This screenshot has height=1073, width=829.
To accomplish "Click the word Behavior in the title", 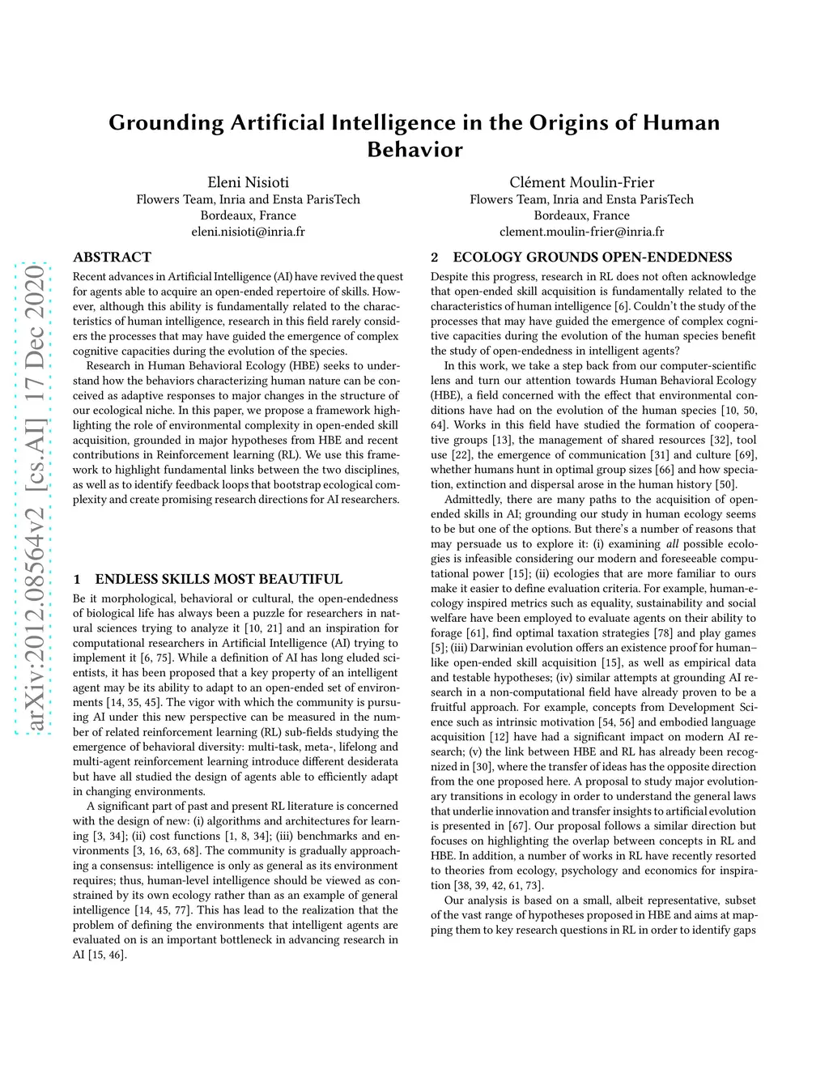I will click(414, 150).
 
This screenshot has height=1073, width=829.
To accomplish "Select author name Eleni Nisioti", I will click(248, 182).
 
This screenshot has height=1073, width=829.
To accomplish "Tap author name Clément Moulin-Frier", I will click(581, 182).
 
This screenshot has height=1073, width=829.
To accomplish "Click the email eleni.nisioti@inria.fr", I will click(248, 232).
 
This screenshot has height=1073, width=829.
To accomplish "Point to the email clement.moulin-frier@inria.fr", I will click(581, 232).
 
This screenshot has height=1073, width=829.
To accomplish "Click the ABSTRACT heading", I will click(112, 258).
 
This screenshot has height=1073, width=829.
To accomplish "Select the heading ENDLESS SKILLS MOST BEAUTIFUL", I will click(219, 579).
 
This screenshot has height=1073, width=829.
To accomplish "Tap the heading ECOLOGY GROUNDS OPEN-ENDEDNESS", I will click(592, 258).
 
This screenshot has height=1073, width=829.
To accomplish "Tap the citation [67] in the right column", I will click(517, 826).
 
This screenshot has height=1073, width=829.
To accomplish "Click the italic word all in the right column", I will click(672, 544).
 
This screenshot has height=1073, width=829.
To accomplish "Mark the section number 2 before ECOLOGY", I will click(435, 258).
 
